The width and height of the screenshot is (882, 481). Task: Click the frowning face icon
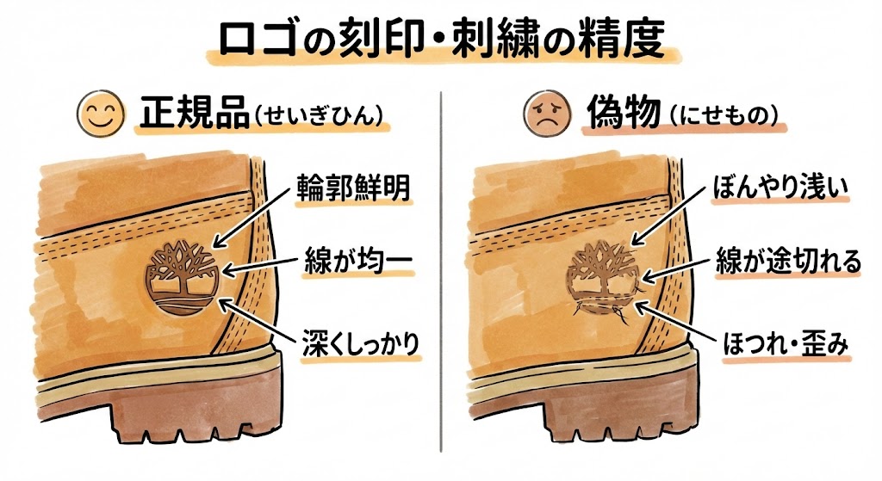[x=543, y=114]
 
